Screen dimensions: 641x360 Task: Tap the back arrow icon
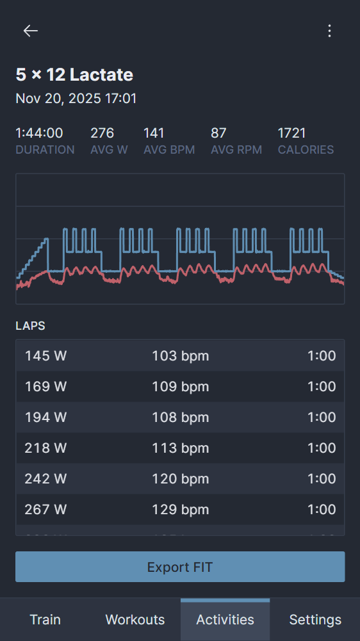[31, 31]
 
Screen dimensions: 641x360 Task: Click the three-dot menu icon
[329, 31]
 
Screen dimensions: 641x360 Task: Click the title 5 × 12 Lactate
[74, 75]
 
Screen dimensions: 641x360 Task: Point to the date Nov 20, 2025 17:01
[76, 99]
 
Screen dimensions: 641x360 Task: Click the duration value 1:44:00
[39, 133]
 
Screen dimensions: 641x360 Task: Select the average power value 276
[102, 133]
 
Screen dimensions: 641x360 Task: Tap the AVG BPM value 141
[154, 133]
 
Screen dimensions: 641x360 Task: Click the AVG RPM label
[236, 150]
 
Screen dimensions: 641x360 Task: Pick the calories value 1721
[291, 133]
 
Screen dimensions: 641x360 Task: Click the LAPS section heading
[30, 326]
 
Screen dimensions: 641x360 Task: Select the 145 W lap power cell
[45, 356]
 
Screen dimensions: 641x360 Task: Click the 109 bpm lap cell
[180, 387]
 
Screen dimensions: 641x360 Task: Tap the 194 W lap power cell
[45, 418]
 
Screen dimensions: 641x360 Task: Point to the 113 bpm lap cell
[180, 448]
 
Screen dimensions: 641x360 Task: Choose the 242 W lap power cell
[45, 479]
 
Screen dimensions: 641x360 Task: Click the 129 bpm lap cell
[180, 510]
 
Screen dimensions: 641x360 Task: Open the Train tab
[45, 620]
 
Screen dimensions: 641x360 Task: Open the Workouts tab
[135, 620]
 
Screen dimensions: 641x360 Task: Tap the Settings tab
[315, 620]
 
